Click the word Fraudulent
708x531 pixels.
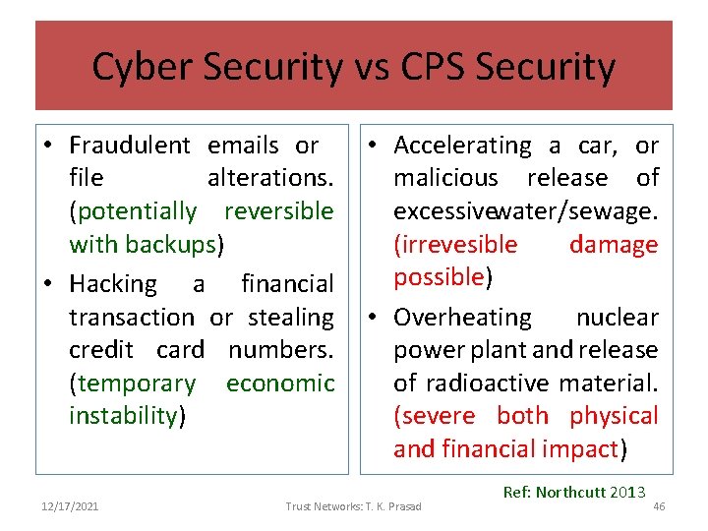point(130,146)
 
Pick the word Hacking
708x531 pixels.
point(113,284)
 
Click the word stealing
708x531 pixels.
point(291,318)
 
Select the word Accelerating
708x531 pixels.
point(462,146)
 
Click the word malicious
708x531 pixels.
point(445,178)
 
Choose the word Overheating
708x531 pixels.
point(462,318)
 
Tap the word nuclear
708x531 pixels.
point(617,318)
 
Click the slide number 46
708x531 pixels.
point(659,505)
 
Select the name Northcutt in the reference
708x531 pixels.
point(571,491)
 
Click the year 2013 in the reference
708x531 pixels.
point(627,491)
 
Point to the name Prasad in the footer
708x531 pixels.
point(403,505)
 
